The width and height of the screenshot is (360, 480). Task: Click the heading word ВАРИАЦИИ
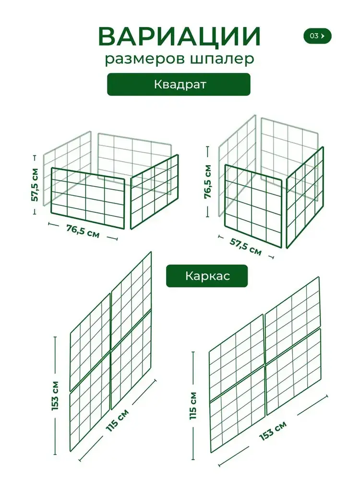pyautogui.click(x=180, y=36)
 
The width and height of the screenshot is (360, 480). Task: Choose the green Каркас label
pyautogui.click(x=207, y=276)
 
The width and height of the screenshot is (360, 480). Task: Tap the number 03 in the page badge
pyautogui.click(x=314, y=36)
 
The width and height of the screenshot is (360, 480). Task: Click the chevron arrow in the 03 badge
pyautogui.click(x=323, y=36)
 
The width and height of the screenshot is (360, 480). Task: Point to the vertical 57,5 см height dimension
pyautogui.click(x=35, y=185)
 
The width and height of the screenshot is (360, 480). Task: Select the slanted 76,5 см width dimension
pyautogui.click(x=83, y=231)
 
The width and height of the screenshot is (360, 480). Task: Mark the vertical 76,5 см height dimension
pyautogui.click(x=208, y=181)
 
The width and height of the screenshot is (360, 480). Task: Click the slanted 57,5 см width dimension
pyautogui.click(x=246, y=246)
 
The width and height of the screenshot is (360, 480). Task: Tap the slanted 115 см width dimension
pyautogui.click(x=118, y=420)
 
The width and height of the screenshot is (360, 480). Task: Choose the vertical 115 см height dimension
pyautogui.click(x=193, y=405)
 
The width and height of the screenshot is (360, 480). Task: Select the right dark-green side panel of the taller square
pyautogui.click(x=305, y=197)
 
